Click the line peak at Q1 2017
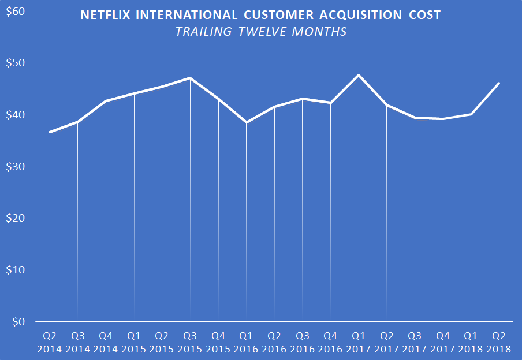tap(359, 75)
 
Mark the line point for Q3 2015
tap(191, 78)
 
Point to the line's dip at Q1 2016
tap(247, 122)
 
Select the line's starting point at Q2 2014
tap(50, 132)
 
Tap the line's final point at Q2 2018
tap(499, 83)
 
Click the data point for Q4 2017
tap(443, 119)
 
